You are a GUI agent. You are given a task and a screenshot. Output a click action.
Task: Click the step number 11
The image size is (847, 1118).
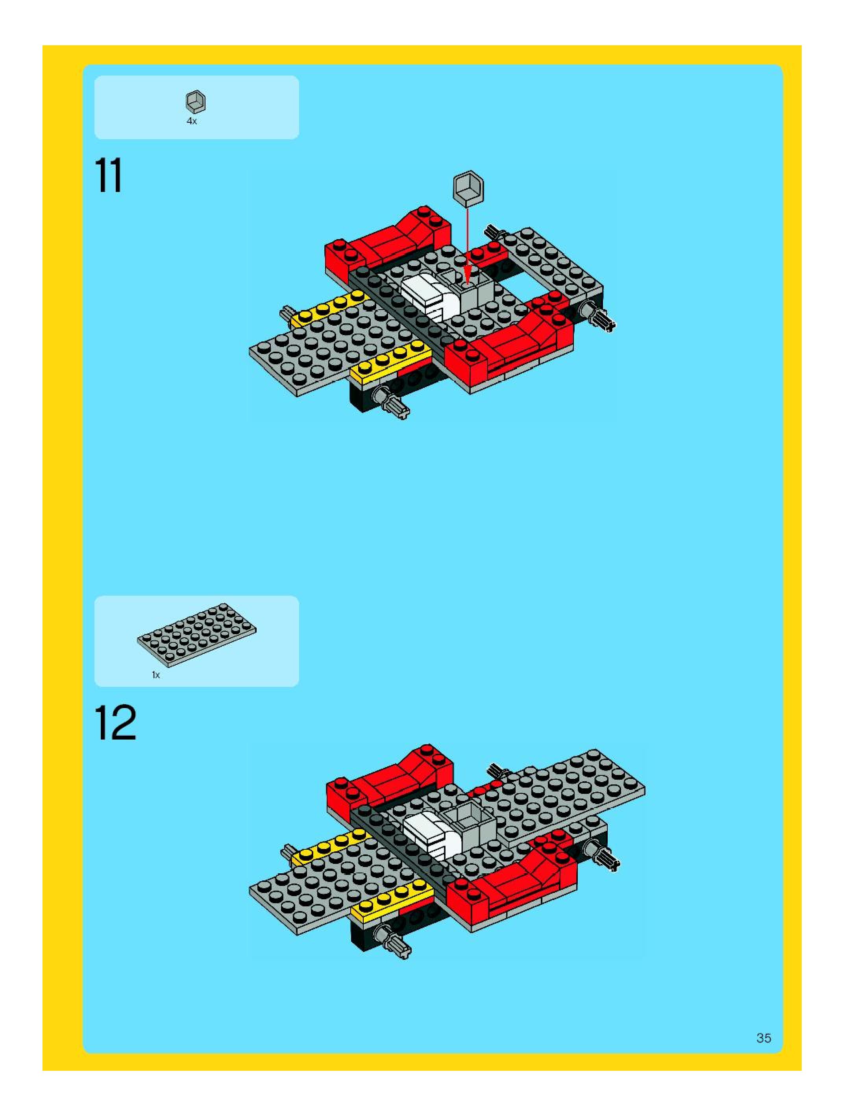tap(109, 175)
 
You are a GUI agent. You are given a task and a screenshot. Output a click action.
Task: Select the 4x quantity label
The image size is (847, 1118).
tap(192, 121)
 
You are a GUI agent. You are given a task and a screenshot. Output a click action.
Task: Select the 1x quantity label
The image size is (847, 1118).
tap(156, 675)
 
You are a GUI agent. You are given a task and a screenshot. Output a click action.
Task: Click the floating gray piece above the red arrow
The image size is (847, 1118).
tap(468, 187)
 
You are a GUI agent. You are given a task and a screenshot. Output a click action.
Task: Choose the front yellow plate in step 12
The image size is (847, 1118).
tap(392, 900)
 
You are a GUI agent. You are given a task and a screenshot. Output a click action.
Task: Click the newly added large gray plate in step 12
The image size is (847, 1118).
tap(556, 793)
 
